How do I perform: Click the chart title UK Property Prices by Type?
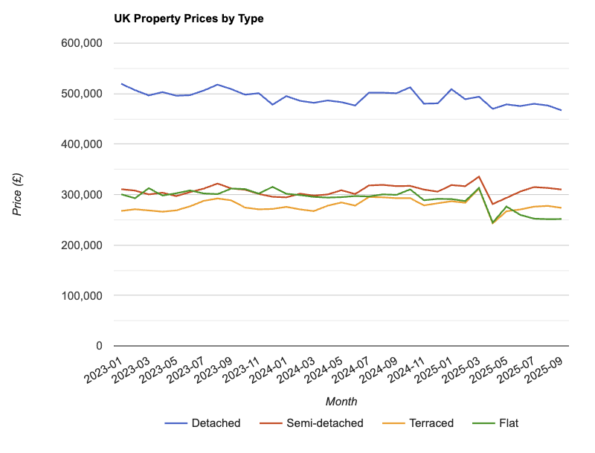tap(188, 19)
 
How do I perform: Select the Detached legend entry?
tap(216, 423)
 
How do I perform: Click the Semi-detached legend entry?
tap(324, 423)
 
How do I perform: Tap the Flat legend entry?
tap(509, 423)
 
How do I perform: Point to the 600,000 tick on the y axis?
tap(81, 43)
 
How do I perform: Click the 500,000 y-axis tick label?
tap(81, 94)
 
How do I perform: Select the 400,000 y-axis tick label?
tap(81, 144)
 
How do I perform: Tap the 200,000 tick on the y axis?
tap(81, 245)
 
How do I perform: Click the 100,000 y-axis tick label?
tap(81, 295)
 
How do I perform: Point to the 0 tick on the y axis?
tap(98, 346)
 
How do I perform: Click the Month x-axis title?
tap(341, 402)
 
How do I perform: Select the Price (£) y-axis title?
tap(17, 195)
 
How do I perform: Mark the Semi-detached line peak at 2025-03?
tap(478, 177)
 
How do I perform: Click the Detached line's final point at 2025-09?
tap(561, 110)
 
